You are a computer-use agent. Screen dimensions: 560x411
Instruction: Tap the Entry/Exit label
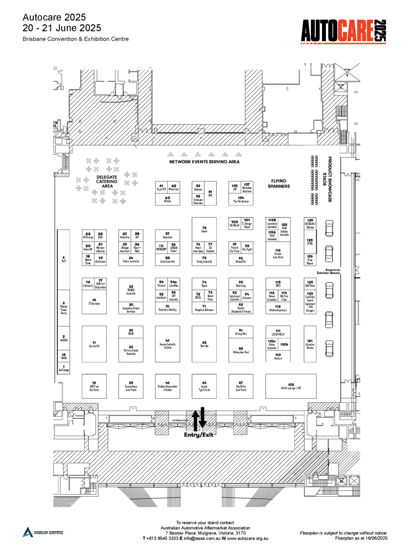tap(199, 435)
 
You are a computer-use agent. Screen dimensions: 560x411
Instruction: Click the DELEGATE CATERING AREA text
tap(106, 181)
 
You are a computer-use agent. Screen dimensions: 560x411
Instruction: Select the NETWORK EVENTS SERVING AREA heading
tap(204, 161)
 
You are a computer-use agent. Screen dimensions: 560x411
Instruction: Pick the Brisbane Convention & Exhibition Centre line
tap(75, 39)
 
